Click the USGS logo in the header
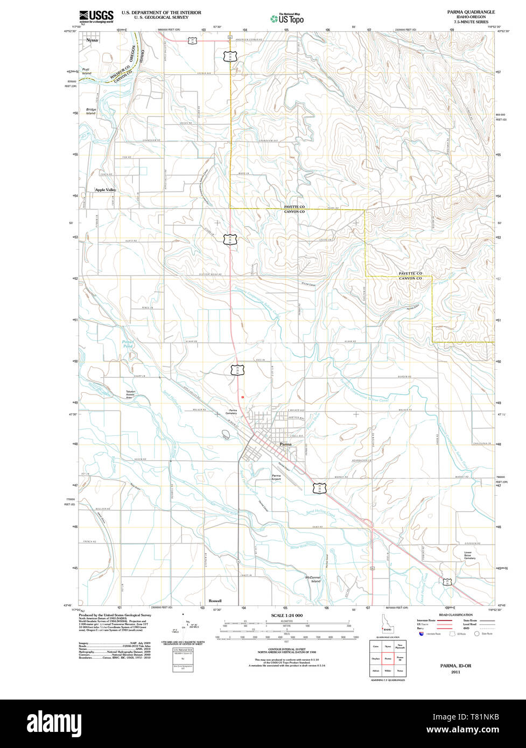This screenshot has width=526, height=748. pos(96,16)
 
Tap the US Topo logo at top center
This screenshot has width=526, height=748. pos(287,18)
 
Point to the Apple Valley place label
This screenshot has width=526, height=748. pos(106,190)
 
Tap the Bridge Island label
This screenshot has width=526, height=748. pos(90,111)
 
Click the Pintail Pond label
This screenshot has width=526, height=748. pos(128,344)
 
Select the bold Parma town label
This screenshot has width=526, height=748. pos(285,444)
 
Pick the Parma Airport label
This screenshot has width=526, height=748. pos(276,477)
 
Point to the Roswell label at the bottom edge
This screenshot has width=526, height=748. pos(215,601)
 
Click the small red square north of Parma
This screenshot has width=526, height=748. pos(243,397)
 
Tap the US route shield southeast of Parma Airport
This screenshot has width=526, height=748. pos(320,488)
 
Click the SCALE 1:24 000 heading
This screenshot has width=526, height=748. pos(287,616)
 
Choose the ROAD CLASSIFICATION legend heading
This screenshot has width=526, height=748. pos(455,615)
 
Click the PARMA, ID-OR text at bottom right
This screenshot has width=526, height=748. pos(455,666)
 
